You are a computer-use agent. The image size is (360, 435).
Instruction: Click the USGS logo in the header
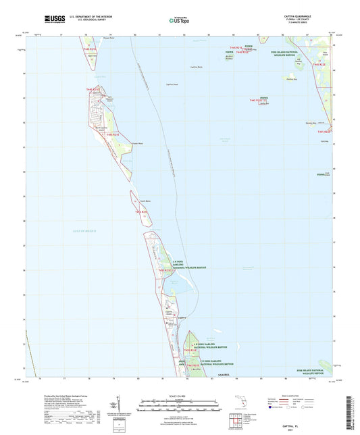pyautogui.click(x=52, y=21)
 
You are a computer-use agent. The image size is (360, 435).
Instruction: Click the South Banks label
pyautogui.click(x=145, y=201)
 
